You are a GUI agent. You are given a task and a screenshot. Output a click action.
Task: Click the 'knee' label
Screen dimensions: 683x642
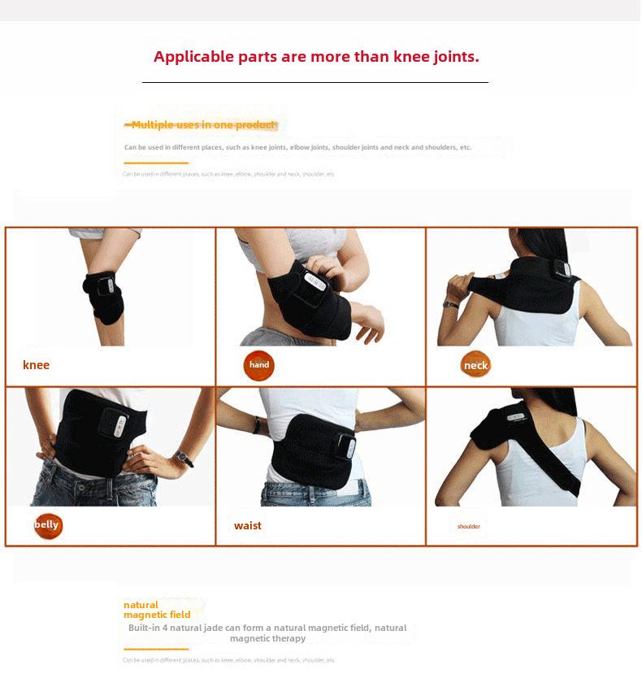pos(36,365)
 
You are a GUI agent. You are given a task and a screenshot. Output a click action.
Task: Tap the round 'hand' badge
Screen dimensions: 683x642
pos(258,366)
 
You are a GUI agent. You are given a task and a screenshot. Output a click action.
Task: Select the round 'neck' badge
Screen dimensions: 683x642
pos(475,366)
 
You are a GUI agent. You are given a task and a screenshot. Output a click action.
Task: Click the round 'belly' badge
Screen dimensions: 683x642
pos(47,525)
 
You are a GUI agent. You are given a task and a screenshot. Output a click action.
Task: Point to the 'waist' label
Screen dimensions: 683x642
pos(248,525)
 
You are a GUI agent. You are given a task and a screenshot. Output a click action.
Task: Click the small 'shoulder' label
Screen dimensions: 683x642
pos(469,526)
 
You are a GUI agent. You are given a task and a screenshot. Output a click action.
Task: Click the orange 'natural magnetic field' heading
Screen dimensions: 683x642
pos(156,610)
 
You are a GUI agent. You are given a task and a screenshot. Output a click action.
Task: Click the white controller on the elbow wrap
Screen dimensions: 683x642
pos(314,284)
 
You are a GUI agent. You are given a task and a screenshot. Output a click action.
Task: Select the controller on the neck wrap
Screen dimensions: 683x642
pos(562,271)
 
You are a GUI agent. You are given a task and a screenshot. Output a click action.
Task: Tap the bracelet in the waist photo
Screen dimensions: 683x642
pos(257,425)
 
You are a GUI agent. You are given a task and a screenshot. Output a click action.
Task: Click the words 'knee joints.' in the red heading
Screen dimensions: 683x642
pos(436,57)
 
